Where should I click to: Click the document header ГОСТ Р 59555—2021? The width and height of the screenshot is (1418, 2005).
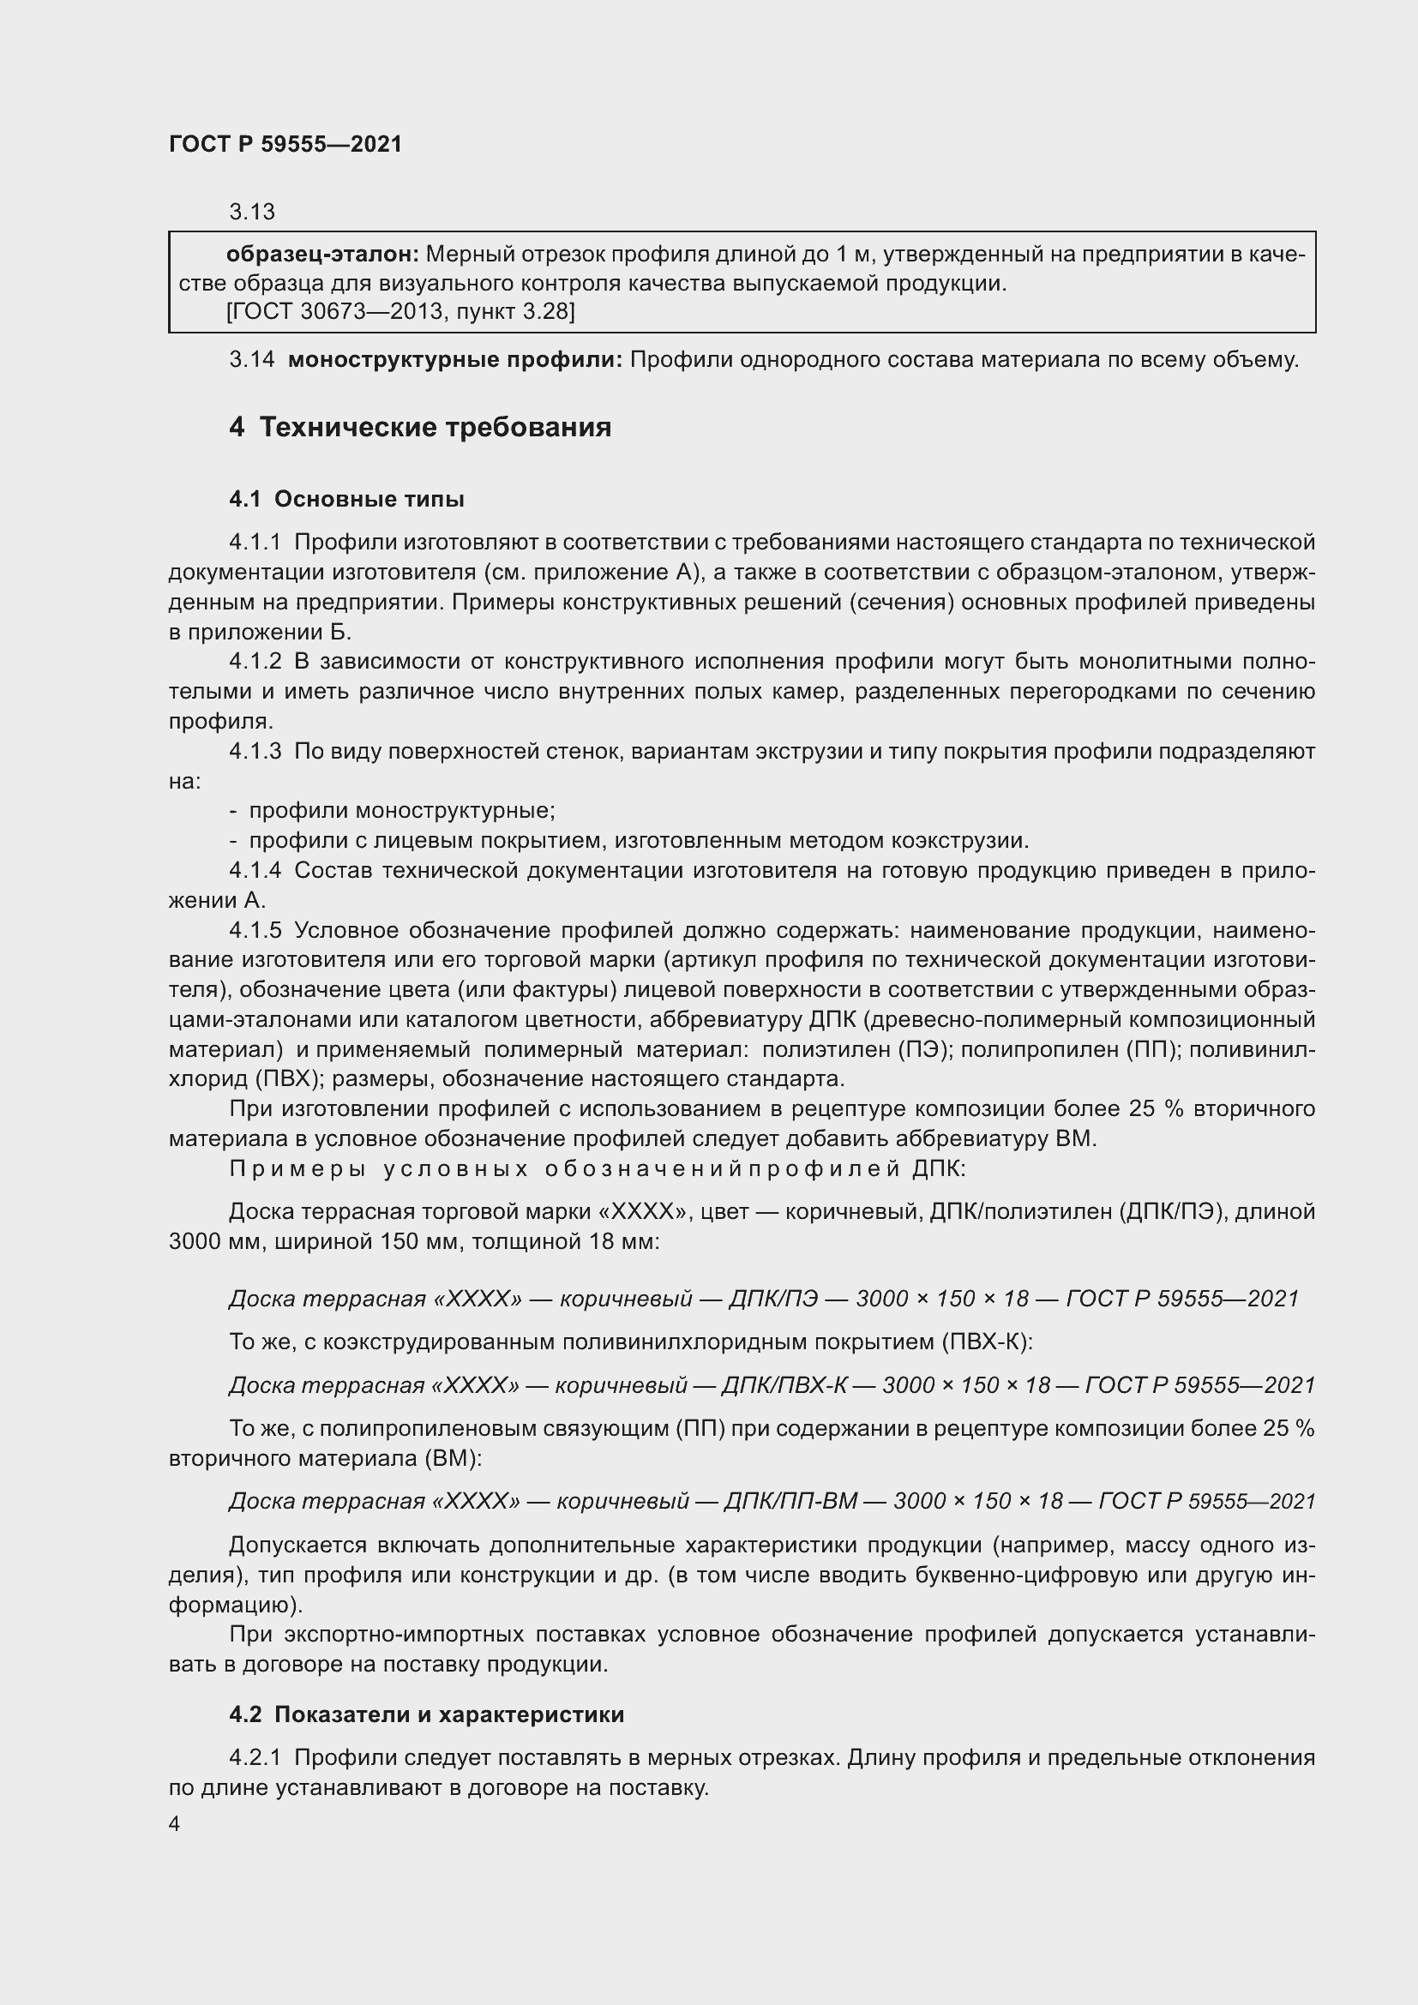pyautogui.click(x=285, y=144)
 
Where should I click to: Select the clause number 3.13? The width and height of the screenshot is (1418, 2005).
pyautogui.click(x=251, y=212)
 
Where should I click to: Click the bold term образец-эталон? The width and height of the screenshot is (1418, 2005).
pyautogui.click(x=322, y=254)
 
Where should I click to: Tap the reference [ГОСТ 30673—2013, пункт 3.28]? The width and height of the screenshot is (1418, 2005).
pyautogui.click(x=400, y=311)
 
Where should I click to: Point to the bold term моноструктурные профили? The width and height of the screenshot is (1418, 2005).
pyautogui.click(x=454, y=359)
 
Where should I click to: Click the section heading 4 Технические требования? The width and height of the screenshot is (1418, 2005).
pyautogui.click(x=420, y=427)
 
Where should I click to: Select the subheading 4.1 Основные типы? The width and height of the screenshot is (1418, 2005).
pyautogui.click(x=346, y=500)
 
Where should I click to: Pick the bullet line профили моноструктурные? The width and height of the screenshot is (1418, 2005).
pyautogui.click(x=401, y=810)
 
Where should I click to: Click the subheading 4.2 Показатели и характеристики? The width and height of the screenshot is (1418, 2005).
pyautogui.click(x=426, y=1714)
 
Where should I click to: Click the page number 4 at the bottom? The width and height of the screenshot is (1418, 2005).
pyautogui.click(x=175, y=1823)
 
